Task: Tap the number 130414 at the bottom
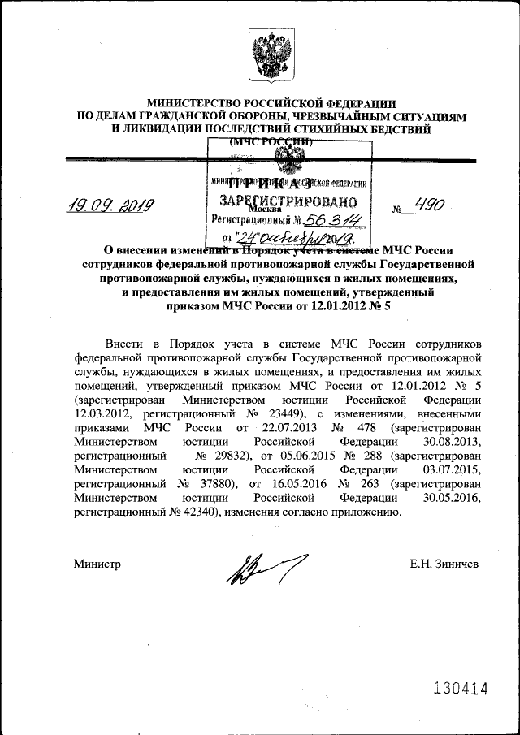[460, 689]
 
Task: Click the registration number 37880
[211, 485]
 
